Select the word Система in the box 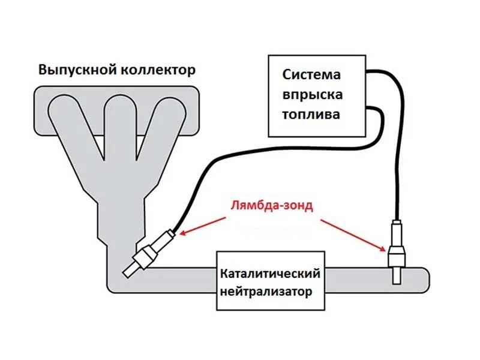coord(311,75)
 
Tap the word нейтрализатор coord(266,293)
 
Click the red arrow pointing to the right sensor coord(353,235)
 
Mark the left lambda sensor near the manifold coord(150,252)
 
